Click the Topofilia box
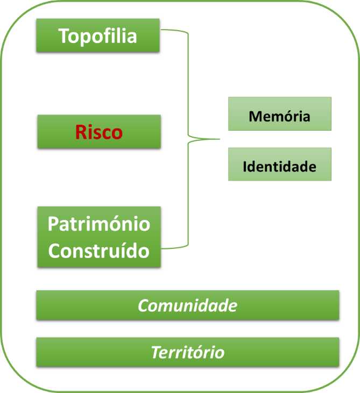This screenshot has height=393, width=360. tap(98, 35)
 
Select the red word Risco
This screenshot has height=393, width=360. tap(98, 132)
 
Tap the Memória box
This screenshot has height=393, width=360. tap(279, 114)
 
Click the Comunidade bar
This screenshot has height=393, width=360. tap(187, 305)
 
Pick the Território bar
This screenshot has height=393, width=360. tap(187, 353)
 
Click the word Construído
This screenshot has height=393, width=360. tap(98, 251)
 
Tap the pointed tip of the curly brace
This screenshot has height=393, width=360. tap(219, 139)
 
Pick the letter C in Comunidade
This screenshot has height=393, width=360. tap(144, 305)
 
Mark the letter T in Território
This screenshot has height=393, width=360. tap(156, 353)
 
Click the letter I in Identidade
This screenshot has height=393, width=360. tap(245, 166)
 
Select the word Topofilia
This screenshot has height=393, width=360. tap(98, 35)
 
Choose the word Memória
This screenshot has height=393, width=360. tap(279, 116)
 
